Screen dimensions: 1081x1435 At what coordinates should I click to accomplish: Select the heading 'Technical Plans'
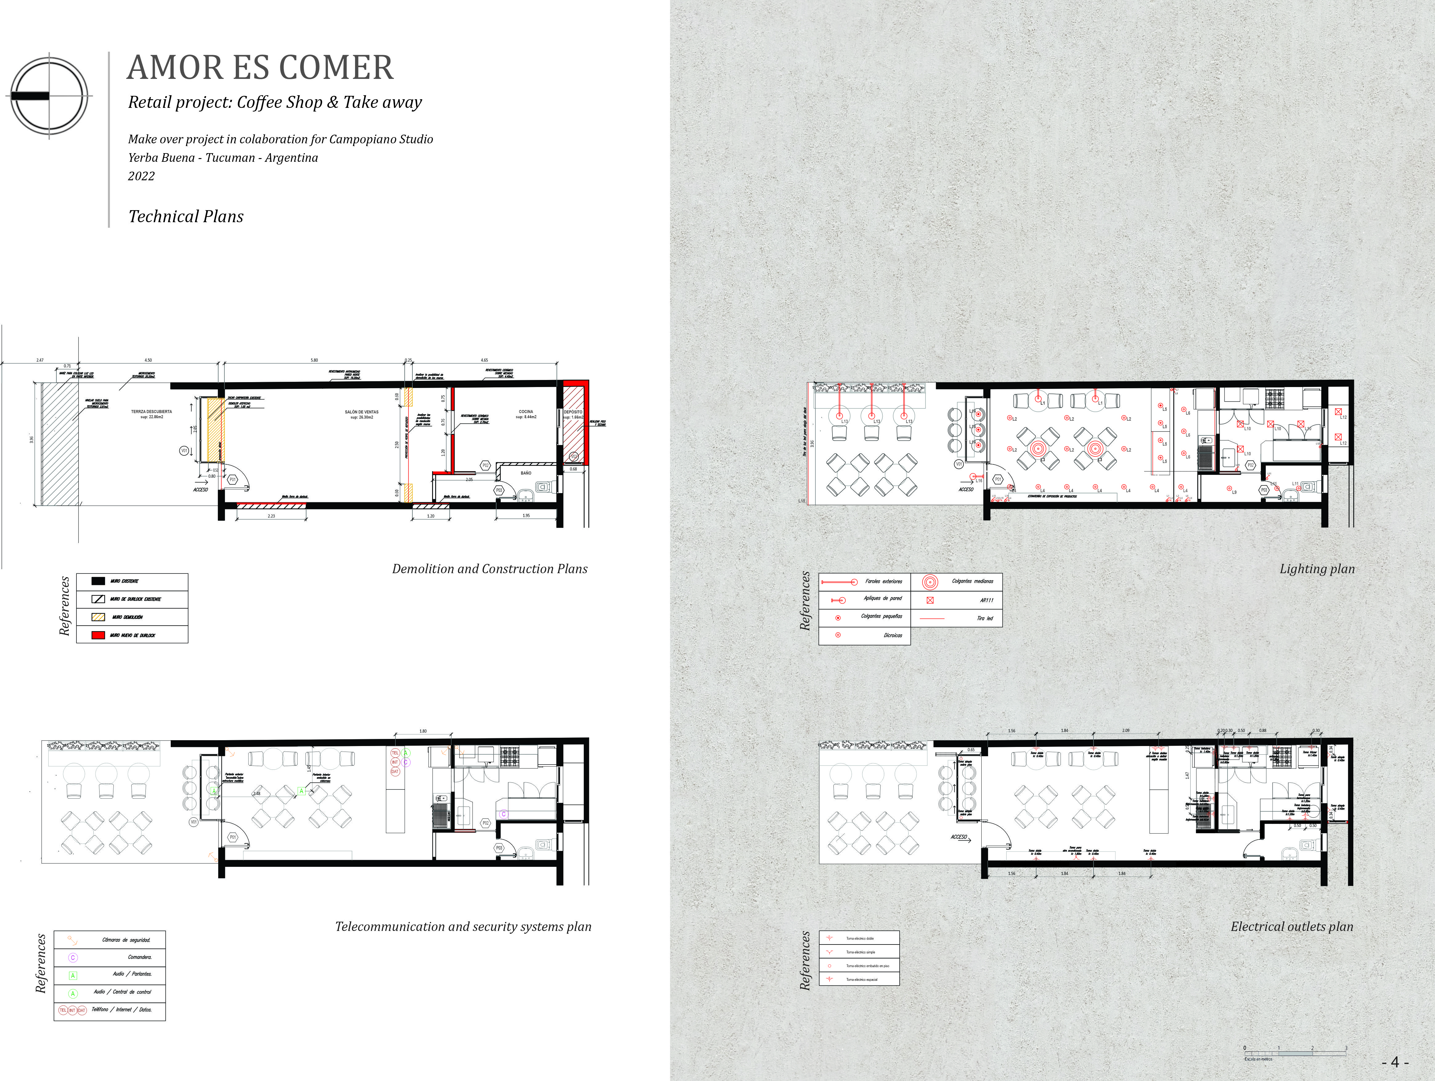[x=186, y=217]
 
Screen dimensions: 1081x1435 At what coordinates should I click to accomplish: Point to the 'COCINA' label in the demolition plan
[x=525, y=412]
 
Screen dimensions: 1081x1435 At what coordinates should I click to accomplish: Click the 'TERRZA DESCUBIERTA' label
[x=151, y=412]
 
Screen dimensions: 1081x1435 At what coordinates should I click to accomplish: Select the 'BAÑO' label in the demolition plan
[x=525, y=473]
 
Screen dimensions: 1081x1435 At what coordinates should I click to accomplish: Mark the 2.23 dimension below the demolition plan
[x=271, y=516]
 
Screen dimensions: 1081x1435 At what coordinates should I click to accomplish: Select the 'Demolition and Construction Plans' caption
[x=490, y=569]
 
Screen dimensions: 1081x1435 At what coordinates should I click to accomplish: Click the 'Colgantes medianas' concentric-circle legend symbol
[x=930, y=582]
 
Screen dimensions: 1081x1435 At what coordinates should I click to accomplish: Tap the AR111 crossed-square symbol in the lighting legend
[x=930, y=600]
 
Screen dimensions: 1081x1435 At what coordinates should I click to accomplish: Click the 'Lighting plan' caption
[x=1317, y=569]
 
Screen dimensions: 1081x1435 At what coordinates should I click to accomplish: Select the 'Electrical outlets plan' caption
[x=1292, y=927]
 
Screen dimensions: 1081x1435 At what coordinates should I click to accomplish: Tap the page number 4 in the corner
[x=1395, y=1062]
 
